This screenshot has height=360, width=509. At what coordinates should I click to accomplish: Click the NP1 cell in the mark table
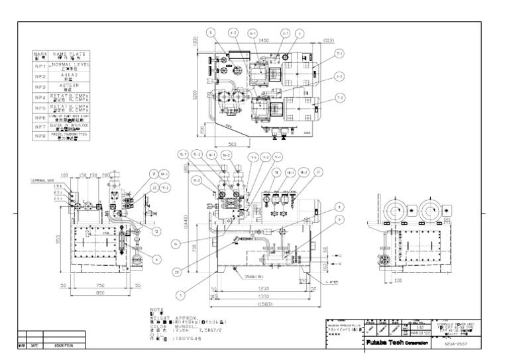pos(40,68)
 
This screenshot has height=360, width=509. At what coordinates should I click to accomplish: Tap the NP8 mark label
pos(40,135)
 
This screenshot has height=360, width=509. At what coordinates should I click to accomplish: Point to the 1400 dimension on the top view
pos(264,40)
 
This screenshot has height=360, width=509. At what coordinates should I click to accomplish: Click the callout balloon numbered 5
pos(210,32)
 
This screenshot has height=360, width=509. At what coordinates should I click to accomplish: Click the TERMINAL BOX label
pos(42,180)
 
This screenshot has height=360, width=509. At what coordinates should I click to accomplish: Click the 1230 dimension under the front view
pos(264,289)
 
